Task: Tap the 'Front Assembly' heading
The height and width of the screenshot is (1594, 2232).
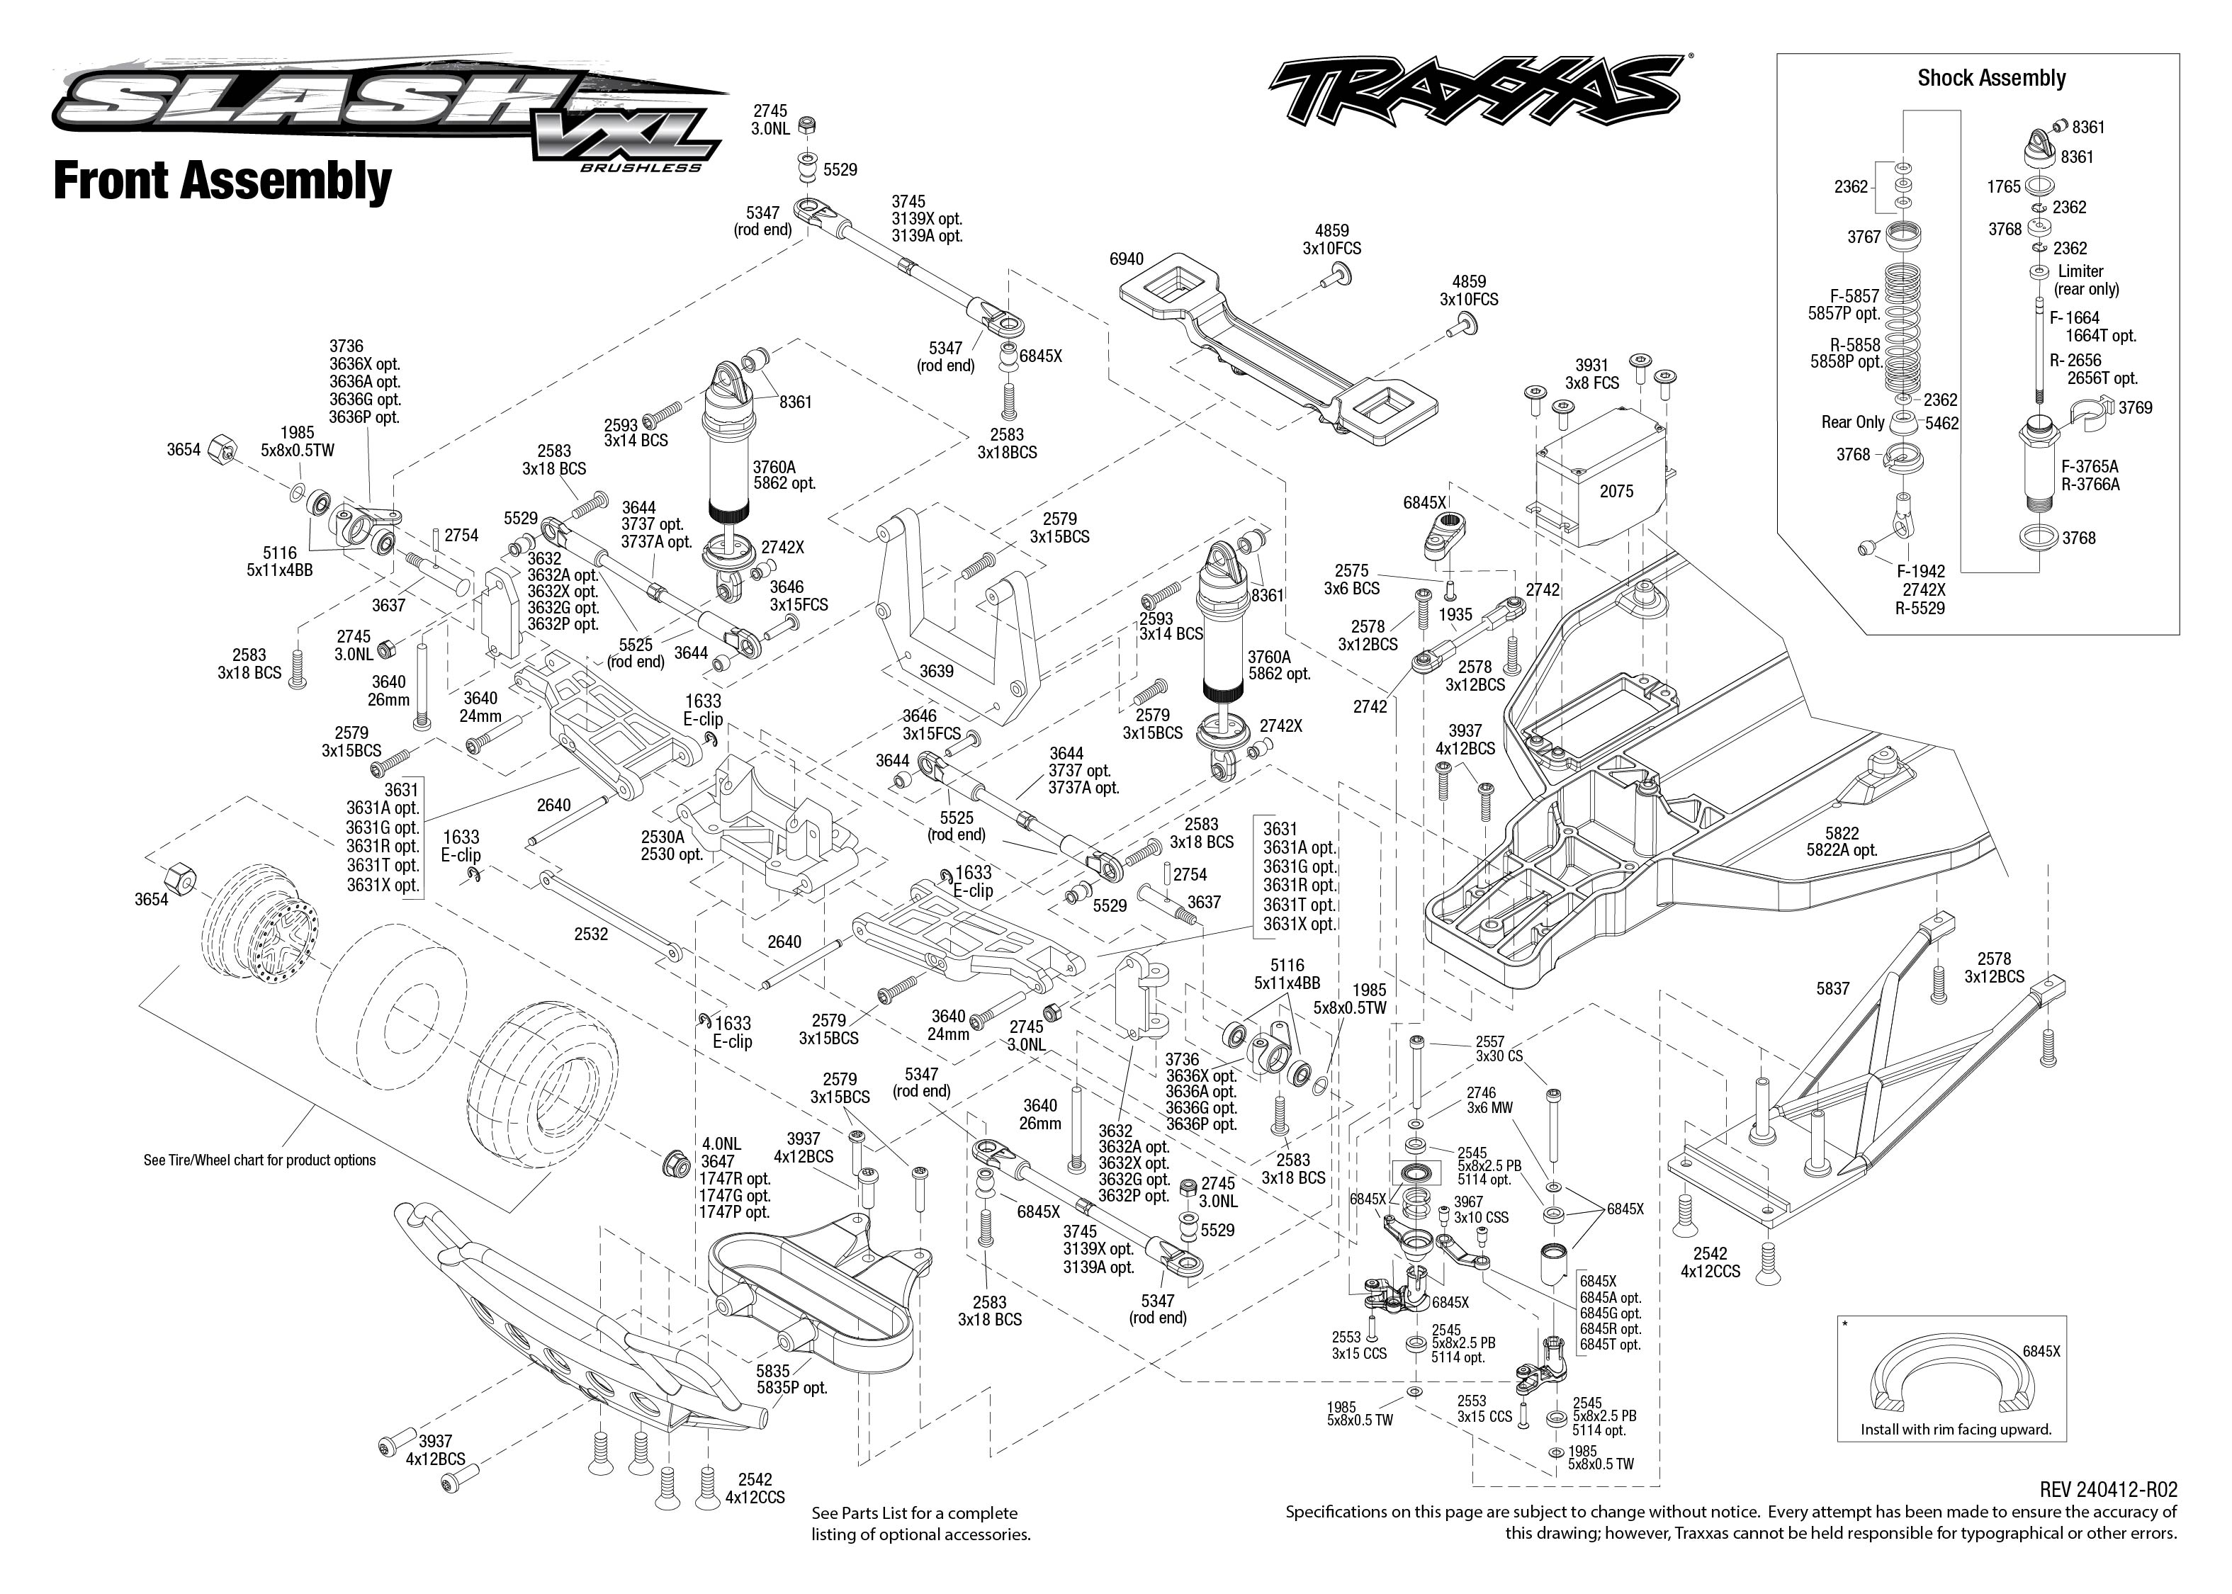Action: [x=222, y=181]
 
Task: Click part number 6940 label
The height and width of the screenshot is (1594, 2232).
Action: [x=1126, y=259]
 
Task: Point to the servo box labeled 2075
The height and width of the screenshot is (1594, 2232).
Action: [x=1616, y=491]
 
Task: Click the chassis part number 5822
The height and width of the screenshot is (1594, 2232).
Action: [x=1842, y=833]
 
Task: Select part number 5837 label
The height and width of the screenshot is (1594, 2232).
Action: [x=1832, y=988]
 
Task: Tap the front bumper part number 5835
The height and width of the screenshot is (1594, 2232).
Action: [x=772, y=1371]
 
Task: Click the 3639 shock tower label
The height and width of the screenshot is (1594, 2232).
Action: [x=935, y=672]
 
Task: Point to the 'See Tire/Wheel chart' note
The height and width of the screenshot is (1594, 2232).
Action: [x=259, y=1160]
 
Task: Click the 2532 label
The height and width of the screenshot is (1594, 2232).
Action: [x=591, y=934]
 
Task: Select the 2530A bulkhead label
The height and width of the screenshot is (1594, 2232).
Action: [x=663, y=837]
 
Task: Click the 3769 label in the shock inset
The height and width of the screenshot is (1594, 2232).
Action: [x=2135, y=407]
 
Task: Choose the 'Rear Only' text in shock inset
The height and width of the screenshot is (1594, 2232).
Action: [x=1852, y=422]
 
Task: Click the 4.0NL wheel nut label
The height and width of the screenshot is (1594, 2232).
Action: [x=721, y=1143]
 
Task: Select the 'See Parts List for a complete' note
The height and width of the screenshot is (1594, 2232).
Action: [x=914, y=1513]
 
